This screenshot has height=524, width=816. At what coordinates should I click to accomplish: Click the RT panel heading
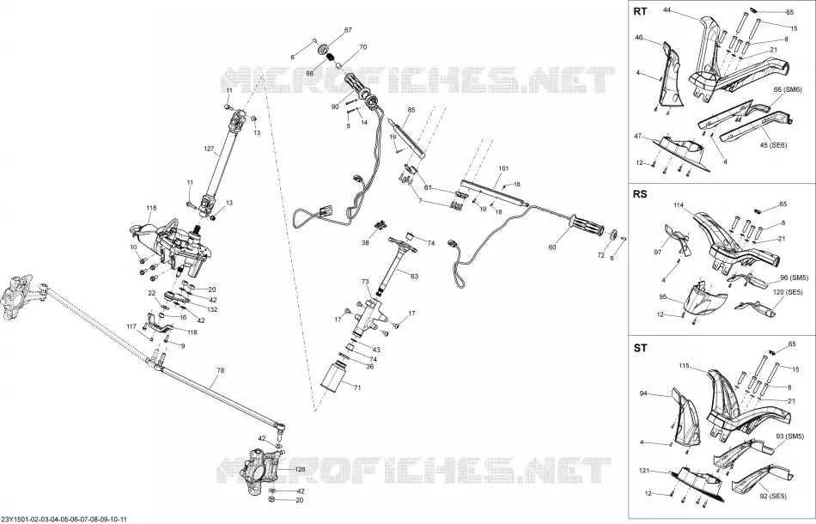point(640,11)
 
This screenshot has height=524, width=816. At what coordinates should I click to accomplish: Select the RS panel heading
point(640,194)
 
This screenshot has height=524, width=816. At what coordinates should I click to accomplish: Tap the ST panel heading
point(640,348)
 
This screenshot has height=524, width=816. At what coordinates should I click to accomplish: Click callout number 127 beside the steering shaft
point(209,149)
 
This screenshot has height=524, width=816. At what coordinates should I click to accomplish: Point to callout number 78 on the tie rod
point(221,370)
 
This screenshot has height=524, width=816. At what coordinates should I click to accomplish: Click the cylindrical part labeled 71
point(333,378)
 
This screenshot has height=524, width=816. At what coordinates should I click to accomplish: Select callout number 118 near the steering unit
point(151,208)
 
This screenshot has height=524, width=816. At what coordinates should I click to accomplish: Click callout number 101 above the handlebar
point(503,168)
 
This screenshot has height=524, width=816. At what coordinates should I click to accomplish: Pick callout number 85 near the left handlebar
point(411,110)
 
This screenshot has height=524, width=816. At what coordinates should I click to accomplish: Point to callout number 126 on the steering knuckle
point(301,469)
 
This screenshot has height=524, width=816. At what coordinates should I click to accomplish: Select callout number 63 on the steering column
point(414,277)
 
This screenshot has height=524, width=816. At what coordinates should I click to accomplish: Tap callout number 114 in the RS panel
point(679,205)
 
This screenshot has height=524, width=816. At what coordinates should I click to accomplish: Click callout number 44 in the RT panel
point(667,9)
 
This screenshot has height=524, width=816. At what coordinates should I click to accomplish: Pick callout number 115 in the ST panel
point(684,366)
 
